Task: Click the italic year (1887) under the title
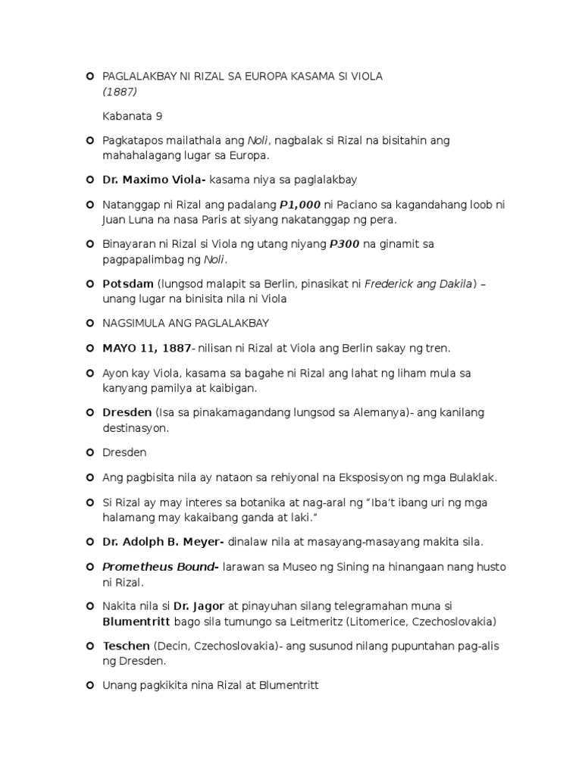pos(120,91)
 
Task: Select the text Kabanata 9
pos(133,116)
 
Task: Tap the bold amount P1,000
pos(301,205)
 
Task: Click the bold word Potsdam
pos(128,284)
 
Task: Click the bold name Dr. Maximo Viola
pos(154,180)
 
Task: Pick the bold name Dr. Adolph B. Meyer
pos(161,542)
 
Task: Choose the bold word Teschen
pos(127,646)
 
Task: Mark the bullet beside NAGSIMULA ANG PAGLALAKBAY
pos(89,324)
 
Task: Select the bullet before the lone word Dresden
pos(89,452)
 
